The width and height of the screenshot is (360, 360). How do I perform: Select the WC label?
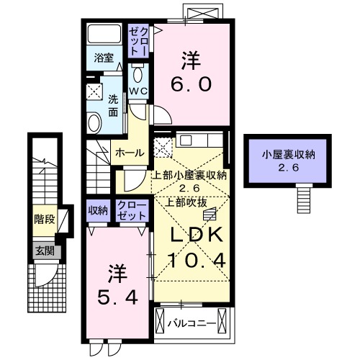(x=139, y=91)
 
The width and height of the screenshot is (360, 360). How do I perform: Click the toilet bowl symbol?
(x=139, y=75)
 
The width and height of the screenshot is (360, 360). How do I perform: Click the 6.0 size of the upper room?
(x=191, y=84)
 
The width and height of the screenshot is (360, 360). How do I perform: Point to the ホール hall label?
(x=130, y=153)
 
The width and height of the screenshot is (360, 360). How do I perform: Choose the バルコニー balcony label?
(x=192, y=323)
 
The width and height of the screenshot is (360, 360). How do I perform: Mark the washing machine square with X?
(x=94, y=91)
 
